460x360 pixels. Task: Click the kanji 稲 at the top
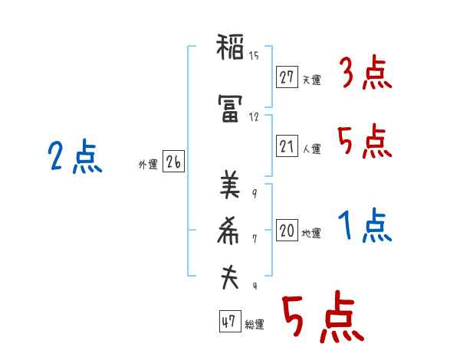pos(229,49)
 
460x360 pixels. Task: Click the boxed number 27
pos(287,77)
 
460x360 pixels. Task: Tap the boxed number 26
pos(173,162)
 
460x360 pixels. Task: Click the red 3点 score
pos(365,74)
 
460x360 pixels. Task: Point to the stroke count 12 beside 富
pos(254,117)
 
